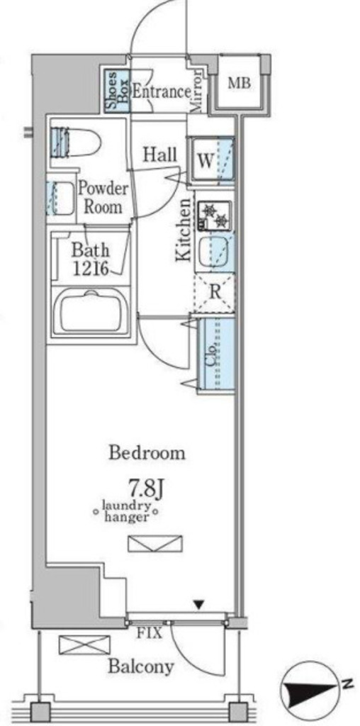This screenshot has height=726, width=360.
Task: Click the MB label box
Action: (x=240, y=84)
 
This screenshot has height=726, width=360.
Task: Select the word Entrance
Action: (x=161, y=91)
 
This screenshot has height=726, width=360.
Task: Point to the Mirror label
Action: (x=196, y=91)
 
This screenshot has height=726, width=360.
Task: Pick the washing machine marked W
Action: (x=211, y=160)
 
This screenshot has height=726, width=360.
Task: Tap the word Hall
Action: (x=160, y=155)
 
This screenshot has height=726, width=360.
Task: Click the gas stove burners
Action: (x=215, y=214)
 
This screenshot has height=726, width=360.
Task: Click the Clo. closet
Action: (x=215, y=354)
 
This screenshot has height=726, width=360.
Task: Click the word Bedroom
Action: (x=147, y=452)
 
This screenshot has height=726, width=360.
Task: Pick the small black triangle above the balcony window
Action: (x=199, y=604)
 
